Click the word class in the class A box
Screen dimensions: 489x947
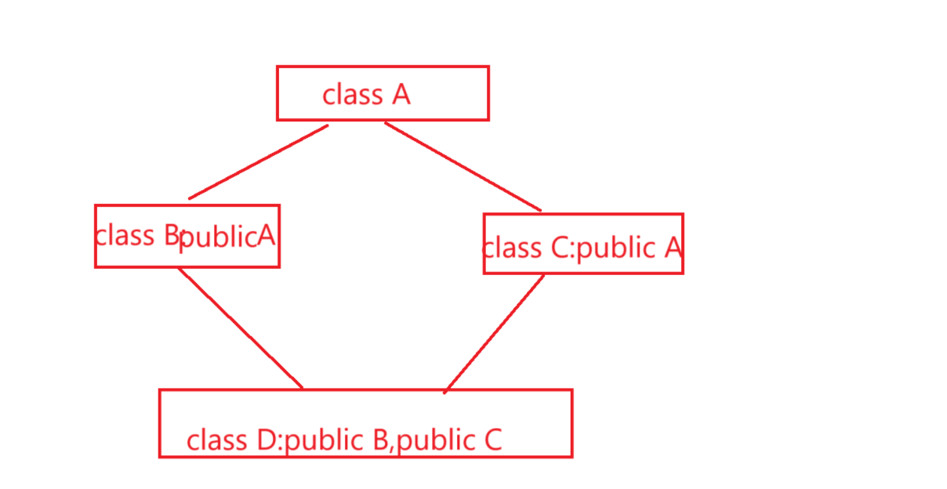(352, 95)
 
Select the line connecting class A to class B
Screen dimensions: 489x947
(259, 162)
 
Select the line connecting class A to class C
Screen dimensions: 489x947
(463, 167)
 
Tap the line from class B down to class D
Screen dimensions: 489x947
(240, 328)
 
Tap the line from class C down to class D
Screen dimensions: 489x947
(495, 332)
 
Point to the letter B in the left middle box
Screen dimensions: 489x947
(170, 234)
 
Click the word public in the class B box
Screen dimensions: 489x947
(218, 237)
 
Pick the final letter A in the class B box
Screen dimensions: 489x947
(267, 234)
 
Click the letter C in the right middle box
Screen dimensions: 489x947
(558, 248)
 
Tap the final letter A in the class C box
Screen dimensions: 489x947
(673, 248)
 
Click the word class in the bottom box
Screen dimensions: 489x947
(216, 440)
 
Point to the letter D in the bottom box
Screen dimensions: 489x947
(265, 440)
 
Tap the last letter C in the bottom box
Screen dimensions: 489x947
(492, 440)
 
